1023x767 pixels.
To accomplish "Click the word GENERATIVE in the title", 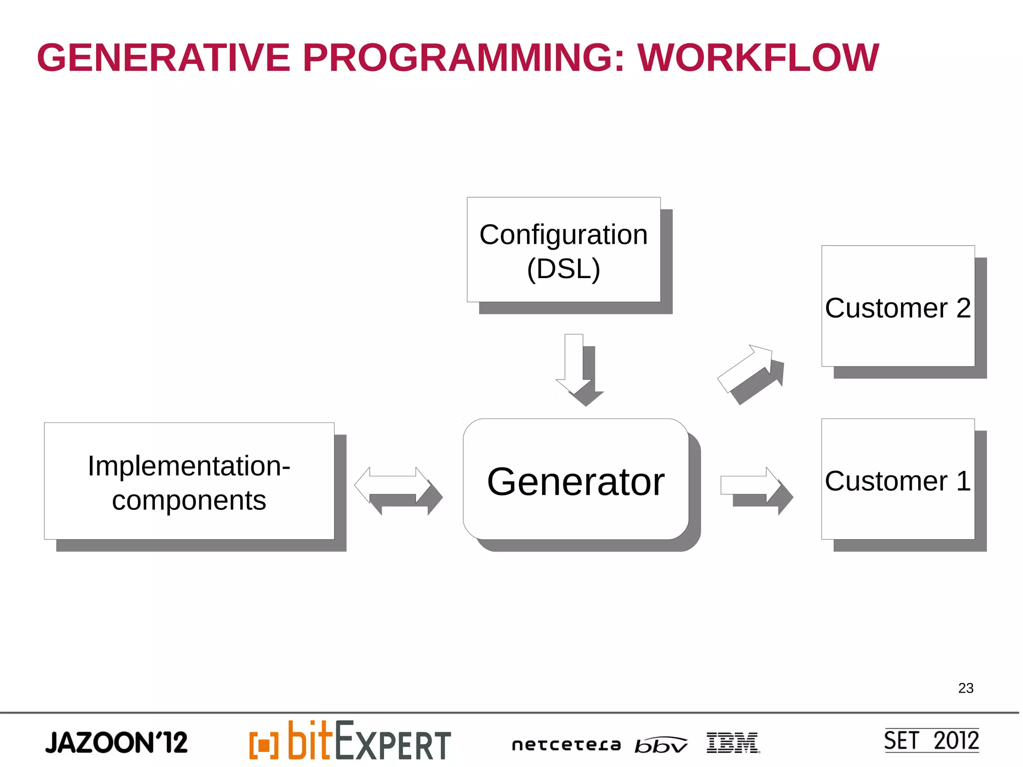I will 163,58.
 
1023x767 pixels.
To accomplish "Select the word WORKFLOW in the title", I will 758,58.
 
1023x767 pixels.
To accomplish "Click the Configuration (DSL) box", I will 563,250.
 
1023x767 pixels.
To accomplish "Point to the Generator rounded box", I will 575,480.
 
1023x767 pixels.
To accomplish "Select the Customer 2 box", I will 898,306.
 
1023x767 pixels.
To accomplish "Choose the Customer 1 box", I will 898,479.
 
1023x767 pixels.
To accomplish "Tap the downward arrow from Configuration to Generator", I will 574,365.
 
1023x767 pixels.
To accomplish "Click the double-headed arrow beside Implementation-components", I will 393,485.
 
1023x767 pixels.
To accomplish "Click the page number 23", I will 966,688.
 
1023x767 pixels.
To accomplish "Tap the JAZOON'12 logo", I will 116,743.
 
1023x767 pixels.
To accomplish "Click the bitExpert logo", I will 369,742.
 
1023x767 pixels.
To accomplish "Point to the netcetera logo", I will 566,745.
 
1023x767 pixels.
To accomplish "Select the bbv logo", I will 660,745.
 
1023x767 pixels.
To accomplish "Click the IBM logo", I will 733,743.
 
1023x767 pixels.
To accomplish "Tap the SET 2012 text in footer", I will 931,741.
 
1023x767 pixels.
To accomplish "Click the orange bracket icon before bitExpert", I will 264,745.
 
